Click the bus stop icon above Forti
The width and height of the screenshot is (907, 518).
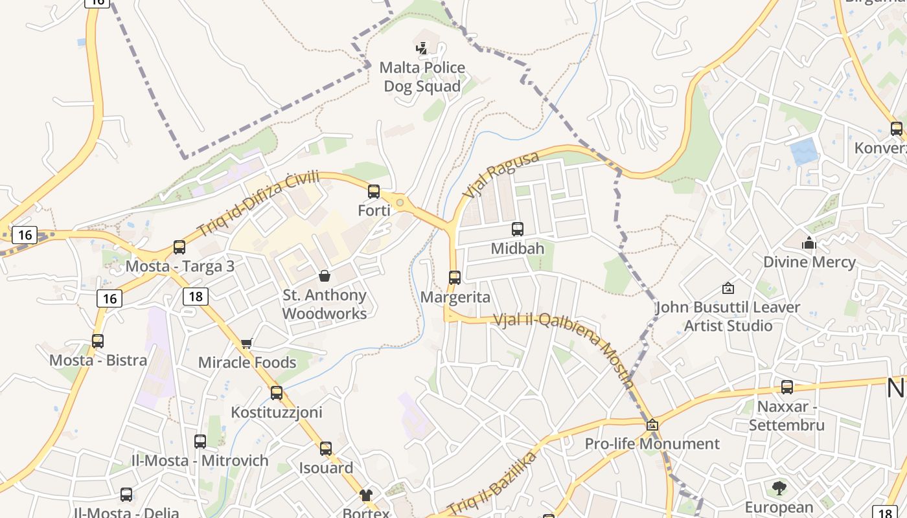tap(374, 191)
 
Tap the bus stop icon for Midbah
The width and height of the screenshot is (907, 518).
tap(517, 229)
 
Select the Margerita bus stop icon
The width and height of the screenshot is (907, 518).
tap(455, 277)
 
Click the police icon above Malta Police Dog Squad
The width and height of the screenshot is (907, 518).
tap(422, 47)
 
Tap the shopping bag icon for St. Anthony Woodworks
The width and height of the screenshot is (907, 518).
tap(325, 276)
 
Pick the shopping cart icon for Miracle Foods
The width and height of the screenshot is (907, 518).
tap(246, 343)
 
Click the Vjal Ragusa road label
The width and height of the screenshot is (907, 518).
tap(500, 175)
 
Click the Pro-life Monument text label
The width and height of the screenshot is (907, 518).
tap(652, 444)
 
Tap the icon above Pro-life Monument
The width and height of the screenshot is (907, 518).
tap(652, 425)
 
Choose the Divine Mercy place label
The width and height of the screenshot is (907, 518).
tap(809, 262)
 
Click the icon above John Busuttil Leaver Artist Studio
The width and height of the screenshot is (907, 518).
tap(728, 288)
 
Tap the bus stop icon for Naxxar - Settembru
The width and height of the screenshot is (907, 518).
tap(786, 387)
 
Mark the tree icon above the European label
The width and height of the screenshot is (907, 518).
tap(779, 488)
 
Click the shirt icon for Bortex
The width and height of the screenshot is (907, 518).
tap(366, 495)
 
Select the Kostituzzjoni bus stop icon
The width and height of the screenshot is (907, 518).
tap(277, 392)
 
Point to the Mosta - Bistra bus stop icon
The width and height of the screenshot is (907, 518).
tap(98, 341)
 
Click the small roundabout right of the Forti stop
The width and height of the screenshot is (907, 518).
tap(400, 203)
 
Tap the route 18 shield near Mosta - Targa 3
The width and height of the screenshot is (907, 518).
tap(196, 297)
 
